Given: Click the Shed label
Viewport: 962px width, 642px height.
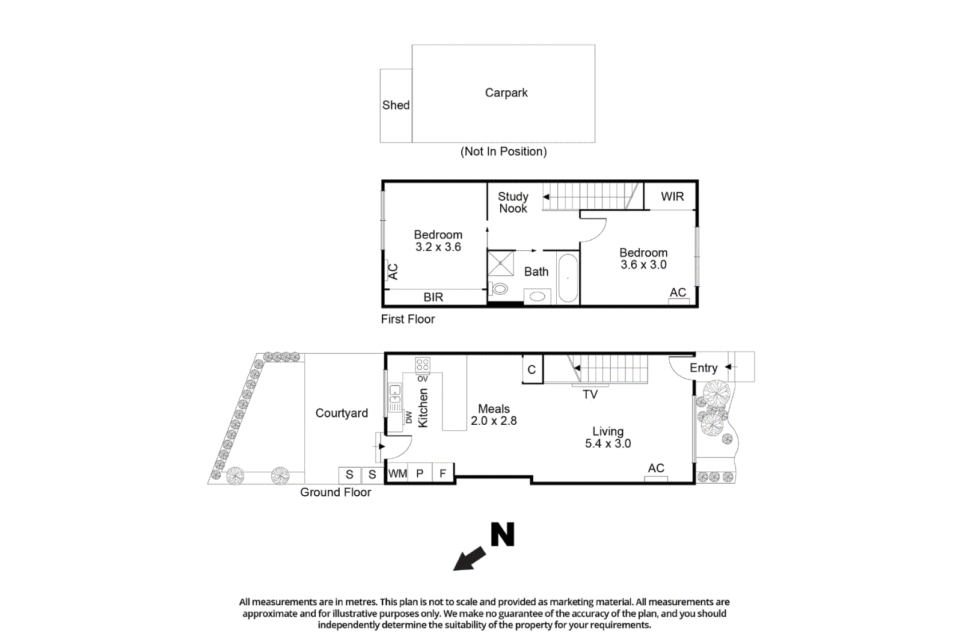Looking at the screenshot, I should (x=396, y=105).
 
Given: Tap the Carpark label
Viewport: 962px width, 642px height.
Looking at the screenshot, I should (x=506, y=93).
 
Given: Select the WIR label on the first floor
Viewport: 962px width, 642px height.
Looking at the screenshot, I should (x=672, y=197).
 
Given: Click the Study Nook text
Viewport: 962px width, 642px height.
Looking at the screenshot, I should (x=513, y=203).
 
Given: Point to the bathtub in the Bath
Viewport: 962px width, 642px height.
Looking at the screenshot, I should (x=568, y=278).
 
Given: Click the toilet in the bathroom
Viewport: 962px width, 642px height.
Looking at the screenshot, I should (x=499, y=289).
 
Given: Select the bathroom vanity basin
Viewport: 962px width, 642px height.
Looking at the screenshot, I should (x=538, y=297).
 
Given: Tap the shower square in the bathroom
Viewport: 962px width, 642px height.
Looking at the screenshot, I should (x=500, y=264).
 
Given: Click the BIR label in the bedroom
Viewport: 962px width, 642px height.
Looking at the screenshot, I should (x=433, y=297).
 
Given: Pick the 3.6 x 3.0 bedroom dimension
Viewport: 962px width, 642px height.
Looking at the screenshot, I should (x=643, y=265).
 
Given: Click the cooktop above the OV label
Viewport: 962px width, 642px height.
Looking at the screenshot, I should (x=423, y=365).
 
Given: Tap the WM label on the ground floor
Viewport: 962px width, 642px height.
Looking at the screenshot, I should (x=397, y=474).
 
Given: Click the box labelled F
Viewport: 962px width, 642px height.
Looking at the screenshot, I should (x=443, y=474).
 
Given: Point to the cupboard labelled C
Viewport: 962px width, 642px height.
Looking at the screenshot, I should (x=532, y=370).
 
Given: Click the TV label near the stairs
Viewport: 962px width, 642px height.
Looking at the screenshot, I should (x=590, y=395).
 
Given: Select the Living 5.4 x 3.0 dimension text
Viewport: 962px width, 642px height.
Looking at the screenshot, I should (x=608, y=444).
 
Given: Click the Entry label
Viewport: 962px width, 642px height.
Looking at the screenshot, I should (x=703, y=368).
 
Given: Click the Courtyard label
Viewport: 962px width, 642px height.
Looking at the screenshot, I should (x=342, y=413).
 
